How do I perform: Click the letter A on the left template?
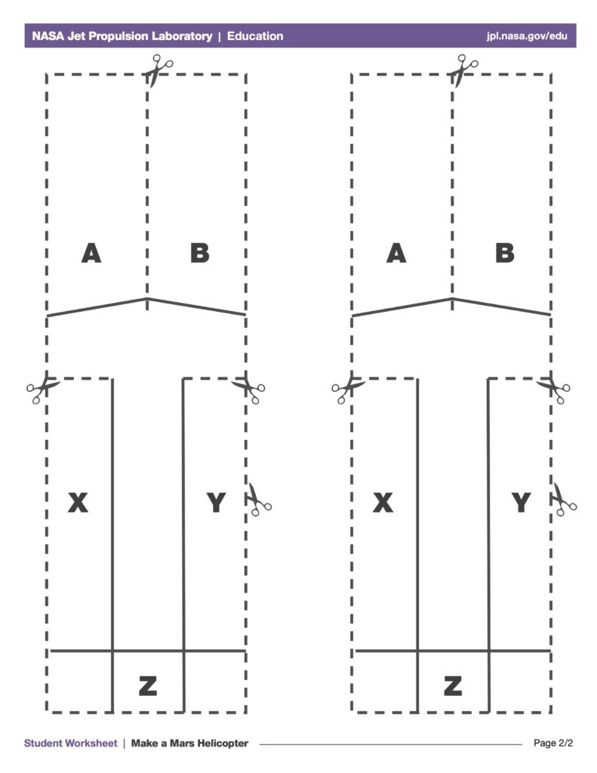91,254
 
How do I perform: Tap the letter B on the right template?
505,254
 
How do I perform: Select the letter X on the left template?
78,503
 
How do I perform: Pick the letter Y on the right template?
521,503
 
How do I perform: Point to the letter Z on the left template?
148,685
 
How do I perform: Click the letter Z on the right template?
453,685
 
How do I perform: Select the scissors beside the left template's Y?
259,500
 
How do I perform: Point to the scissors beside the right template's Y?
564,500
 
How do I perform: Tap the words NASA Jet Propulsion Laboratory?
122,36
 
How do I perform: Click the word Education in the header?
255,36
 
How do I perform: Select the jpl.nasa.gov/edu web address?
527,36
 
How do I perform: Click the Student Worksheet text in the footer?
70,743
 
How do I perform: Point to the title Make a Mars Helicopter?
189,743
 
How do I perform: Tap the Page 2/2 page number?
553,743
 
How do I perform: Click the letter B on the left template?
200,254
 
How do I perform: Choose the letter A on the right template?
396,254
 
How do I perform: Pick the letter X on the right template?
383,503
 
